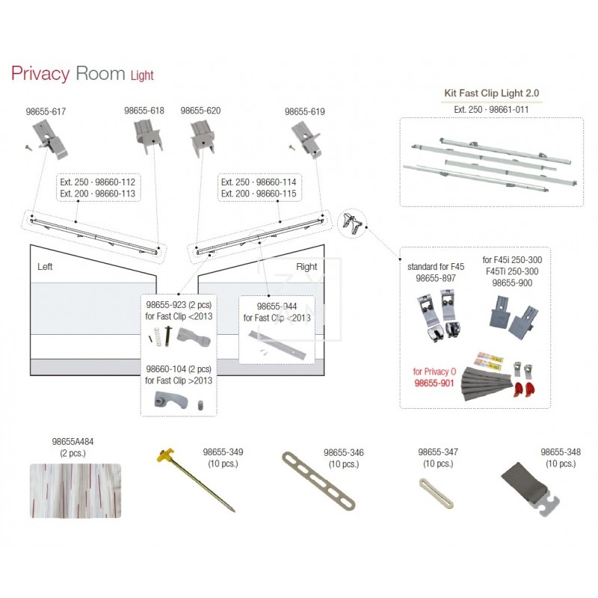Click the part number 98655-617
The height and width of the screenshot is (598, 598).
point(46,111)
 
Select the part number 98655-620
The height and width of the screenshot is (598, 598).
point(200,111)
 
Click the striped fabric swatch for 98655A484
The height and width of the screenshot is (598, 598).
point(75,490)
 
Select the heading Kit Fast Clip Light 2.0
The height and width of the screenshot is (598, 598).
point(491,93)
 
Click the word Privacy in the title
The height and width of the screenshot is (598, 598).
point(40,73)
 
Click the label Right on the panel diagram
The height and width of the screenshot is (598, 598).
point(306,266)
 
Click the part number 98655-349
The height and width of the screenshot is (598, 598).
point(223,452)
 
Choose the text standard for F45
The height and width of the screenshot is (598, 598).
point(436,266)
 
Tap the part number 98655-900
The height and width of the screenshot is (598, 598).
point(512,283)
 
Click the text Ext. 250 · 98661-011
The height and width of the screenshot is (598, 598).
point(490,109)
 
